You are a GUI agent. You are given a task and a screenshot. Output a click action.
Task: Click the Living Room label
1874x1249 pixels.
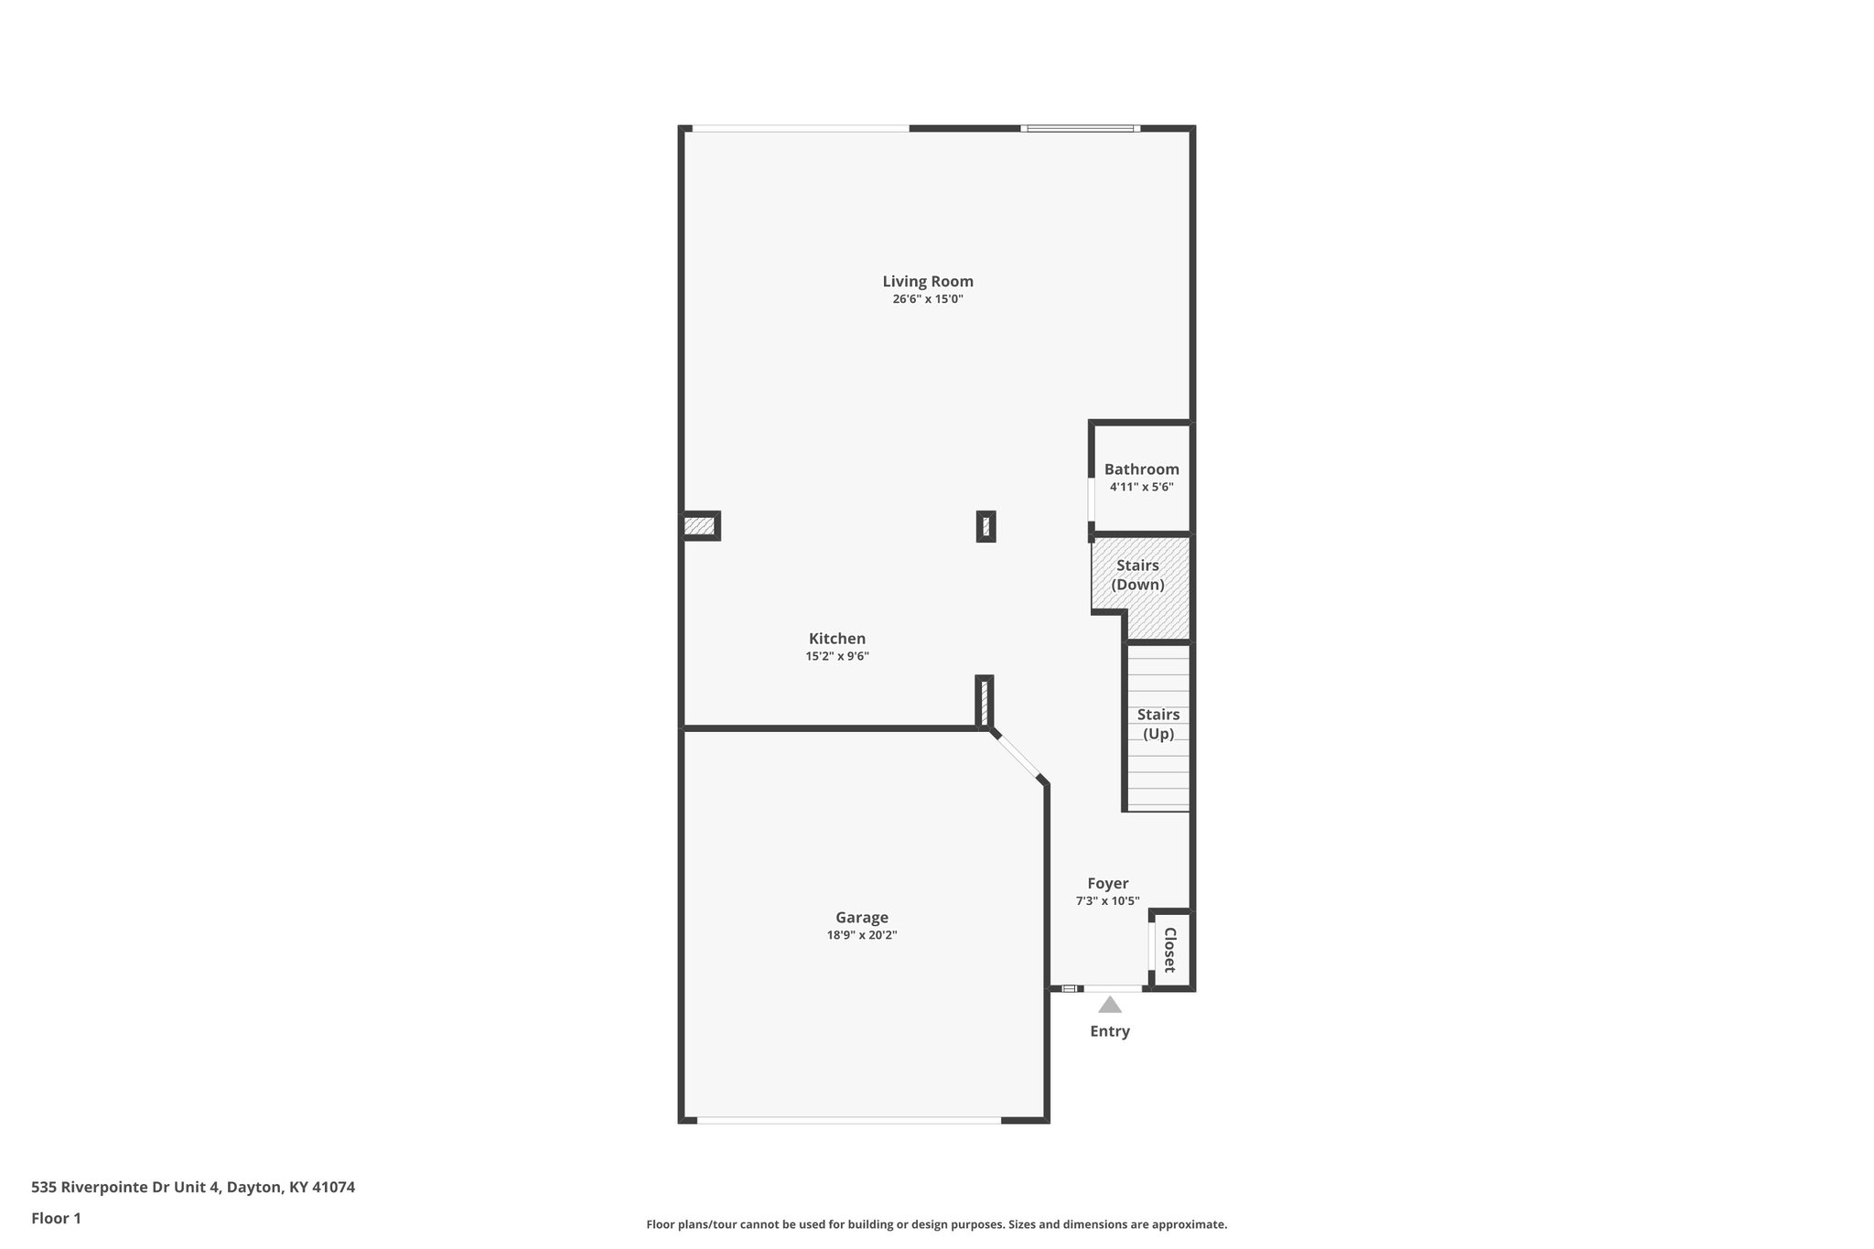click(x=927, y=282)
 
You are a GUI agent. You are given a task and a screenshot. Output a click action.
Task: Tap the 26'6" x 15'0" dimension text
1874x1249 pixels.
click(x=927, y=299)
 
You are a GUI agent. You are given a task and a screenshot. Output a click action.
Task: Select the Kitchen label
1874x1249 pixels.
click(x=836, y=639)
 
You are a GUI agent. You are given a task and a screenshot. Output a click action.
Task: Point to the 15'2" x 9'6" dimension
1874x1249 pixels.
click(x=836, y=656)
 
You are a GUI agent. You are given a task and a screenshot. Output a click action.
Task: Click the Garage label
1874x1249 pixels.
click(x=861, y=918)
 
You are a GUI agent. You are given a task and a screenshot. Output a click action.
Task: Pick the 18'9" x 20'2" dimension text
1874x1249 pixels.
click(x=861, y=935)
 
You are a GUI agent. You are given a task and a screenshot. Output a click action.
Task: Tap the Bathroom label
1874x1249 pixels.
click(x=1141, y=469)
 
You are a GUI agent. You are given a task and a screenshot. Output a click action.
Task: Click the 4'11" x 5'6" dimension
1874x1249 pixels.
click(x=1141, y=487)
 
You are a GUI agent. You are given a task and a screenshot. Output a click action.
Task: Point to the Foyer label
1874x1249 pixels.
click(x=1107, y=883)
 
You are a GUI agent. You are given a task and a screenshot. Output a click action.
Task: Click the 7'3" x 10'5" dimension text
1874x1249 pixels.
click(x=1107, y=900)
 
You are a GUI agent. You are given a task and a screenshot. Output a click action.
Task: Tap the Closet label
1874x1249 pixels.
click(x=1169, y=950)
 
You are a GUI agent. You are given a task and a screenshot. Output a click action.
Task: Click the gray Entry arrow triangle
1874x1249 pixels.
click(x=1109, y=1006)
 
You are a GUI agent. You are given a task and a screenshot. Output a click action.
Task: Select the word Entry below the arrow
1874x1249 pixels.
click(x=1109, y=1031)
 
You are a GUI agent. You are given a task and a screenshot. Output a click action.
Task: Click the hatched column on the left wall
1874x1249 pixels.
click(x=699, y=526)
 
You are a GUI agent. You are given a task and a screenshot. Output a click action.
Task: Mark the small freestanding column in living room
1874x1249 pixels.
click(x=985, y=526)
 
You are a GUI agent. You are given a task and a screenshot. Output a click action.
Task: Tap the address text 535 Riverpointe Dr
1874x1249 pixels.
click(x=192, y=1188)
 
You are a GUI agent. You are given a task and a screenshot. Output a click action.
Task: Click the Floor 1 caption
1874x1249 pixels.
click(x=56, y=1219)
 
